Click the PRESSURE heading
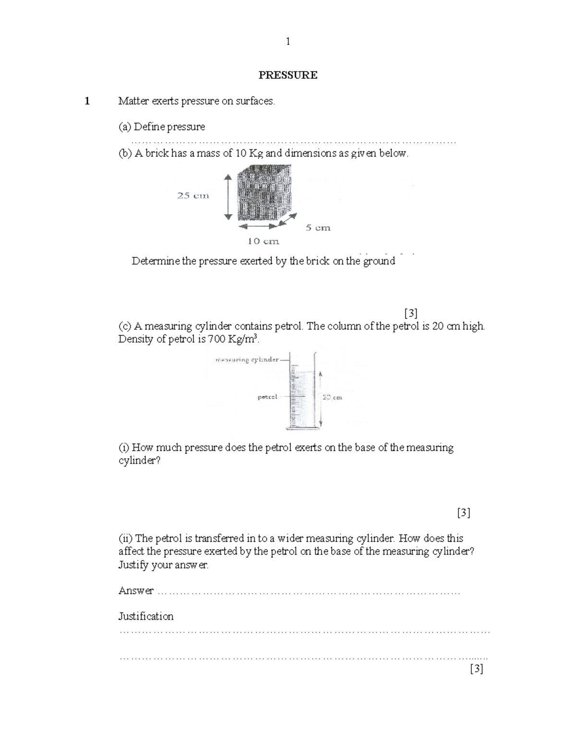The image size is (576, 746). pos(288,75)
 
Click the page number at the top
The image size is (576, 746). pos(288,42)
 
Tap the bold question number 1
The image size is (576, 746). pos(87,101)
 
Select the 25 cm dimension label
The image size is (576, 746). pos(193,196)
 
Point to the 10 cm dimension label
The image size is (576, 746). pos(263,241)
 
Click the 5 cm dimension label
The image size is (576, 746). pos(318,228)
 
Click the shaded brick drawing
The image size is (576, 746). pos(264,193)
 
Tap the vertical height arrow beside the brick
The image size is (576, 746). pos(228,196)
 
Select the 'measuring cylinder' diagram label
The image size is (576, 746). pos(247,359)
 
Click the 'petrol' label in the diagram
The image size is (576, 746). pos(267,397)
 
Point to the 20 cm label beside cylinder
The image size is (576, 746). pos(332,397)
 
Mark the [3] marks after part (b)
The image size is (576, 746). pos(410,313)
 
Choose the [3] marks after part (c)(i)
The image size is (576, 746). pos(463,513)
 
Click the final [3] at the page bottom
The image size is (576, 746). pos(476,669)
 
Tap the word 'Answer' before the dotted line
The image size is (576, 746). pos(136,591)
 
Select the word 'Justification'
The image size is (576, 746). pos(146,616)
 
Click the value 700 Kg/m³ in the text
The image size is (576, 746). pos(233,340)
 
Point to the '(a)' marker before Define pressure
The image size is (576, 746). pos(125,127)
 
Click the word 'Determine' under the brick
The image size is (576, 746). pos(156,261)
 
